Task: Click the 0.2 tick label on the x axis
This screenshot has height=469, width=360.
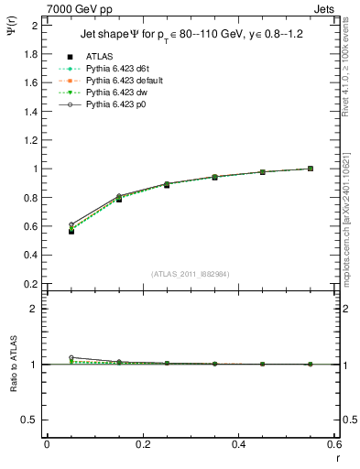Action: pos(142,443)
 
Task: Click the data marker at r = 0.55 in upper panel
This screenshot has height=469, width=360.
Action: pos(311,169)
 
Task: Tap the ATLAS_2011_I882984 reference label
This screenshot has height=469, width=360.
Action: pos(190,273)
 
